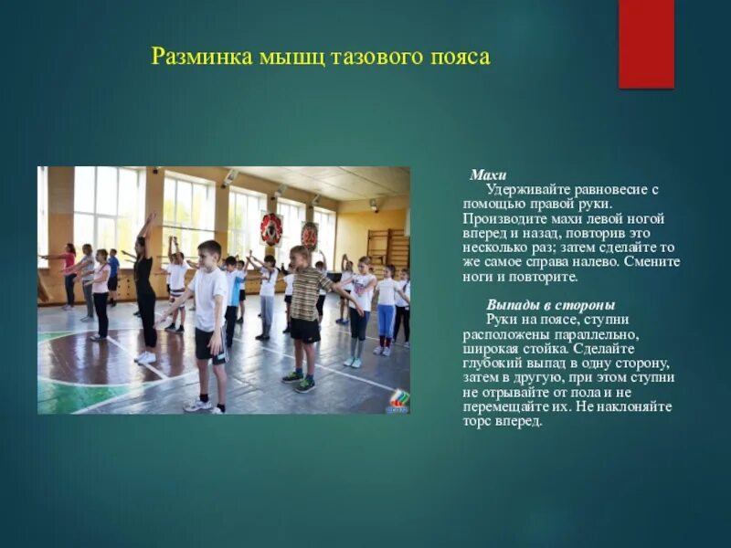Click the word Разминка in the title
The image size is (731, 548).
[192, 58]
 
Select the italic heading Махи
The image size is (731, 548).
[488, 174]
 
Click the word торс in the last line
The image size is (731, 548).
[478, 421]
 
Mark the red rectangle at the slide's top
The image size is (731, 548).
[646, 43]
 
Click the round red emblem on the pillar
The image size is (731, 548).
[271, 228]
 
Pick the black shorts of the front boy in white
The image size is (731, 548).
[210, 344]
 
